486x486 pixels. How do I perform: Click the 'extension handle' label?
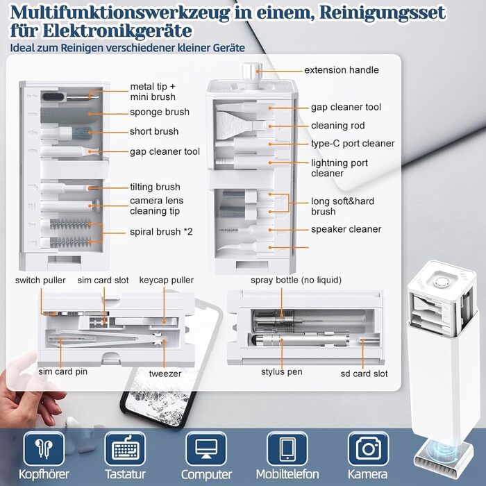342,70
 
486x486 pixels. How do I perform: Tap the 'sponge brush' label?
159,112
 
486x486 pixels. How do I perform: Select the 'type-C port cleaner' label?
352,144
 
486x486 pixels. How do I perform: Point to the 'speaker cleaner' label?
346,229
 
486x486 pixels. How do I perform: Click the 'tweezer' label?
165,374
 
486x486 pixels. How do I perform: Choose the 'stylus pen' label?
281,372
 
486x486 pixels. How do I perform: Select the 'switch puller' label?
41,280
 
